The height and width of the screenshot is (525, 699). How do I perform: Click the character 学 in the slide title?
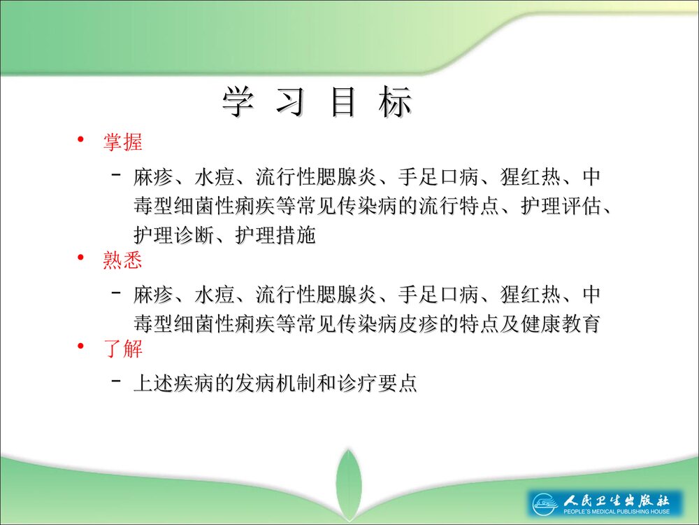(x=238, y=103)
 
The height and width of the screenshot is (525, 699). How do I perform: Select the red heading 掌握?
(x=122, y=142)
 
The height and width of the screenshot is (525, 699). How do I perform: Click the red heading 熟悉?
(x=122, y=260)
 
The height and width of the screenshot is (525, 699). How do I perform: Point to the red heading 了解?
(x=122, y=348)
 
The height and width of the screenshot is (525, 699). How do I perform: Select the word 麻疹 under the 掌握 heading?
(x=152, y=177)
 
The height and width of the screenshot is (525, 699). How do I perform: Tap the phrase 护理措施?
(x=275, y=236)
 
